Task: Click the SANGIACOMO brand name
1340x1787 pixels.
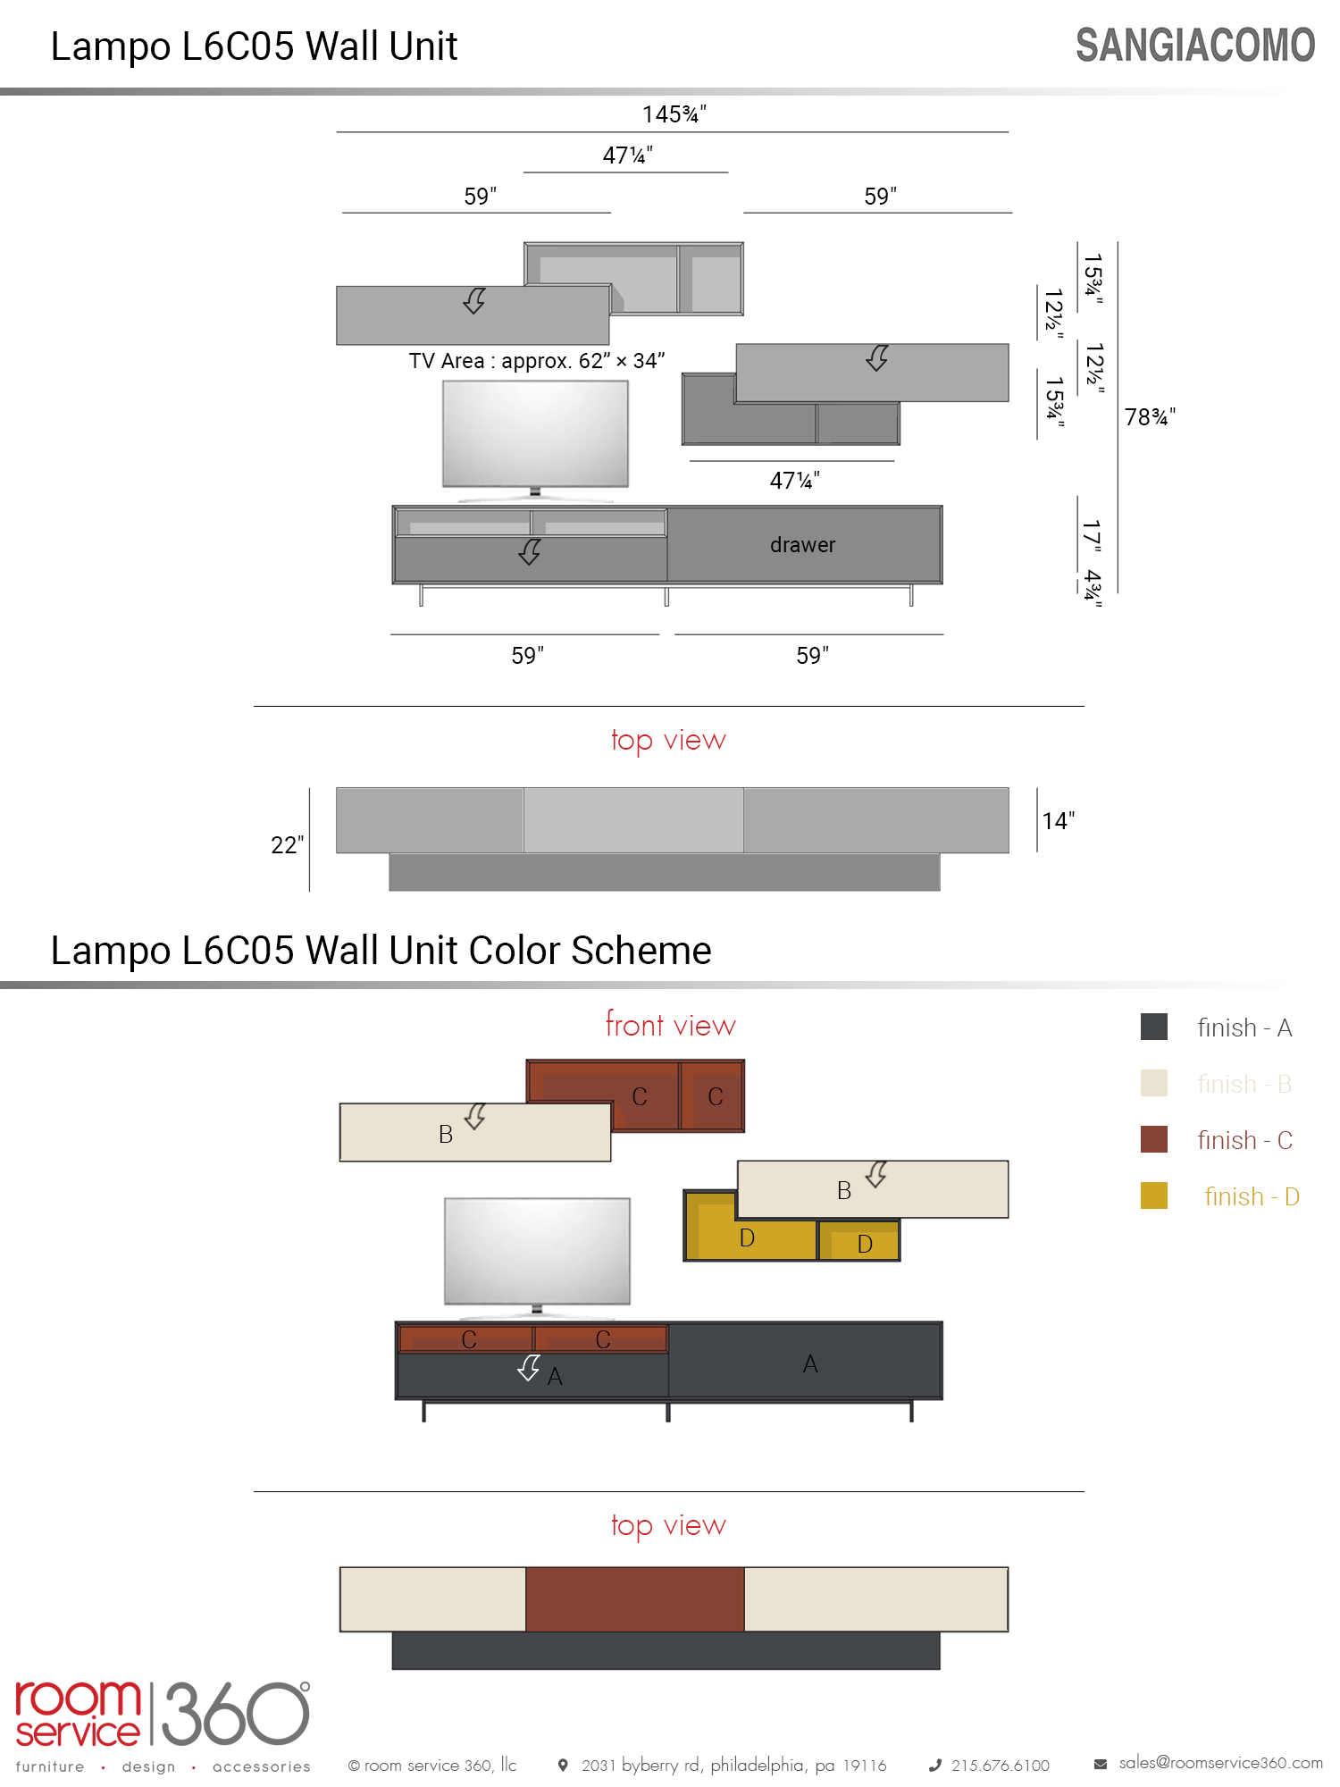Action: click(1195, 46)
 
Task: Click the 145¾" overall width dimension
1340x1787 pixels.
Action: click(674, 114)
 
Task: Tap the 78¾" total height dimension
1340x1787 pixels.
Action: click(1150, 417)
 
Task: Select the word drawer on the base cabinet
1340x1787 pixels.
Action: click(802, 545)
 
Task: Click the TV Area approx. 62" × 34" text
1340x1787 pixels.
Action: click(537, 361)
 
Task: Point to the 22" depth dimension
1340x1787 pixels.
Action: click(287, 844)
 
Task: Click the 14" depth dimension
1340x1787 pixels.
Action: click(1059, 821)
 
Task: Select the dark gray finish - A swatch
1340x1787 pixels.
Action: click(1154, 1027)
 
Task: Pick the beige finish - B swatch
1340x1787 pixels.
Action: click(1154, 1083)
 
